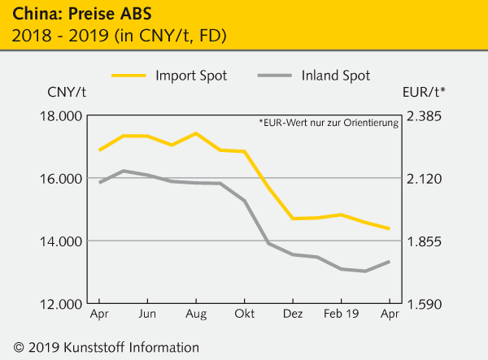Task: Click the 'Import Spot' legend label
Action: (x=191, y=76)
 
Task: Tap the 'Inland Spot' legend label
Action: (x=335, y=76)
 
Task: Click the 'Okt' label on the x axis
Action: (x=245, y=314)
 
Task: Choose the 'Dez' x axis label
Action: (x=293, y=314)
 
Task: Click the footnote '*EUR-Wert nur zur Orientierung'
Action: (x=329, y=124)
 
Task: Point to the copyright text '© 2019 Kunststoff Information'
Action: (x=102, y=347)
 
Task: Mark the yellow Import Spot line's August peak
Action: (x=196, y=133)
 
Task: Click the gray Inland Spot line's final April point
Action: (x=390, y=262)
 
